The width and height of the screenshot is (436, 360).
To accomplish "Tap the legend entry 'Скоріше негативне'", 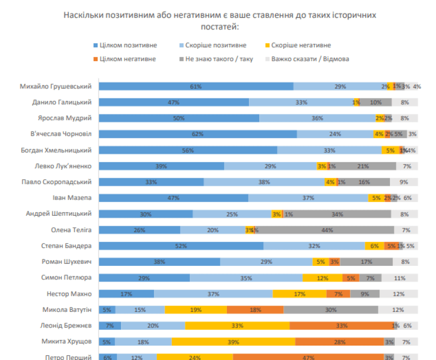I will (x=301, y=45).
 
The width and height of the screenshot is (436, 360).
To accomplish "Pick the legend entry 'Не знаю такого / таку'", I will (x=219, y=59).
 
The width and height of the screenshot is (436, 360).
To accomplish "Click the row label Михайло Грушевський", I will (x=56, y=86).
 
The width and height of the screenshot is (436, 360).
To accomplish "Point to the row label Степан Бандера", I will (x=67, y=245).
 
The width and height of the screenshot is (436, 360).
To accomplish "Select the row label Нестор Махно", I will (x=69, y=294).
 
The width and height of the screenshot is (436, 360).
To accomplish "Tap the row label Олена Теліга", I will (x=71, y=229).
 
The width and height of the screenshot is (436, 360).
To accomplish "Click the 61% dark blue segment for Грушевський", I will (x=196, y=86).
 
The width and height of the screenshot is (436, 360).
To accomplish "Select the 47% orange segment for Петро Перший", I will (x=308, y=357).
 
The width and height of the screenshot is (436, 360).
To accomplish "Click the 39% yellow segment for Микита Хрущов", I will (x=233, y=342).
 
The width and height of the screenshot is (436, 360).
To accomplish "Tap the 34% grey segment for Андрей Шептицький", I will (x=337, y=214).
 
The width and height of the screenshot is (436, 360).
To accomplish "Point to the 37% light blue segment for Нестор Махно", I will (x=213, y=294).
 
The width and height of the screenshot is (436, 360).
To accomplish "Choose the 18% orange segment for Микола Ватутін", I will (x=255, y=310).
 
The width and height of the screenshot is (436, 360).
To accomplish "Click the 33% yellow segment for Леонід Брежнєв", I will (x=237, y=326).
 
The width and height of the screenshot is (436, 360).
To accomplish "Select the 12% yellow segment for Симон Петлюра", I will (x=323, y=278).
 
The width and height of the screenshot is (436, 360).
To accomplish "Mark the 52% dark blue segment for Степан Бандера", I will (x=181, y=246).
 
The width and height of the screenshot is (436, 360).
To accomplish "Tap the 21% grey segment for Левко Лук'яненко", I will (x=363, y=166).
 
